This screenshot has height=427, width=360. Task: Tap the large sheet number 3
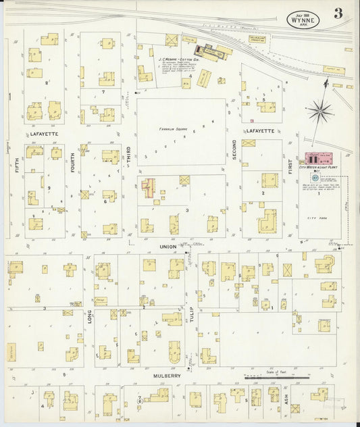pyautogui.click(x=336, y=14)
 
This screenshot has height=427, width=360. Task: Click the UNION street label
pyautogui.click(x=167, y=247)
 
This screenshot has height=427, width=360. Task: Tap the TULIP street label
pyautogui.click(x=190, y=294)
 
